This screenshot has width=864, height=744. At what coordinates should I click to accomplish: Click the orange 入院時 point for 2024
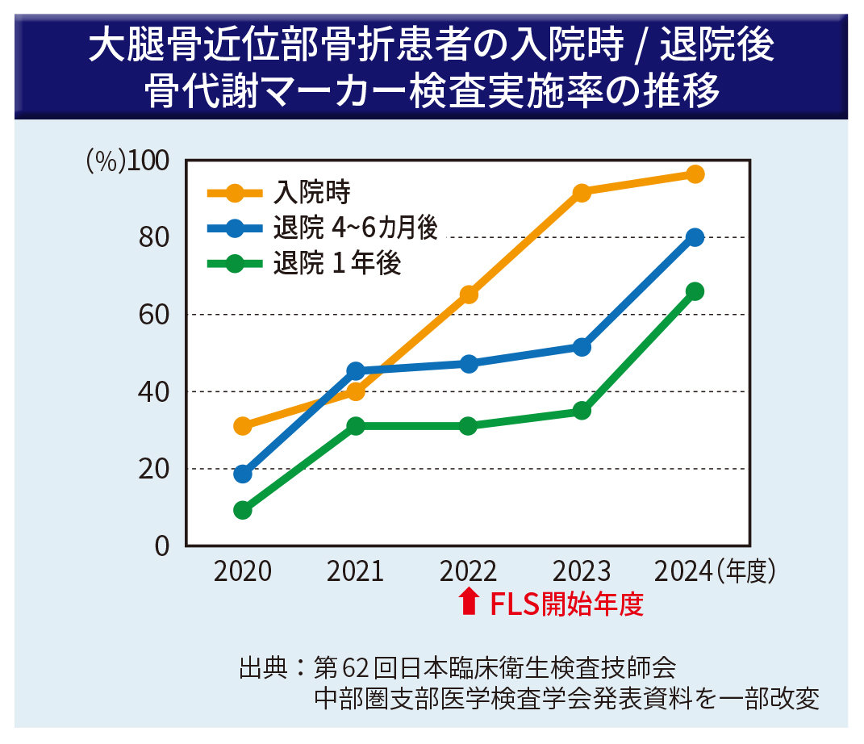click(x=695, y=174)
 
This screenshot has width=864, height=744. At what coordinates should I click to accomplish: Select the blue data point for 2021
click(x=356, y=371)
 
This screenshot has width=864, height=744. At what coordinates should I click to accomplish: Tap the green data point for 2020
click(x=243, y=510)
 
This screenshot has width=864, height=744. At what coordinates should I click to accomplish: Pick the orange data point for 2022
click(x=469, y=295)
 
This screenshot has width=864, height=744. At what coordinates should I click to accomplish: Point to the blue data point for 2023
click(x=582, y=347)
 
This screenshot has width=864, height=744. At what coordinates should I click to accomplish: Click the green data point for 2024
click(x=695, y=291)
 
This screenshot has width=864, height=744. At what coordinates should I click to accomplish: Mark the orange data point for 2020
click(x=243, y=425)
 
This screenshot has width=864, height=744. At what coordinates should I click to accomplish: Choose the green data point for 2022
click(x=469, y=425)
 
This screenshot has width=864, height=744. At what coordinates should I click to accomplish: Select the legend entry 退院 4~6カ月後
click(x=355, y=228)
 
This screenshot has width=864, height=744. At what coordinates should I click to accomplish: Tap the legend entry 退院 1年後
click(x=336, y=264)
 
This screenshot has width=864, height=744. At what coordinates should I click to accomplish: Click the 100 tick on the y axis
click(x=149, y=161)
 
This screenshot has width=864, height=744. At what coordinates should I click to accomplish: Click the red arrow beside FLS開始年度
click(x=468, y=602)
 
